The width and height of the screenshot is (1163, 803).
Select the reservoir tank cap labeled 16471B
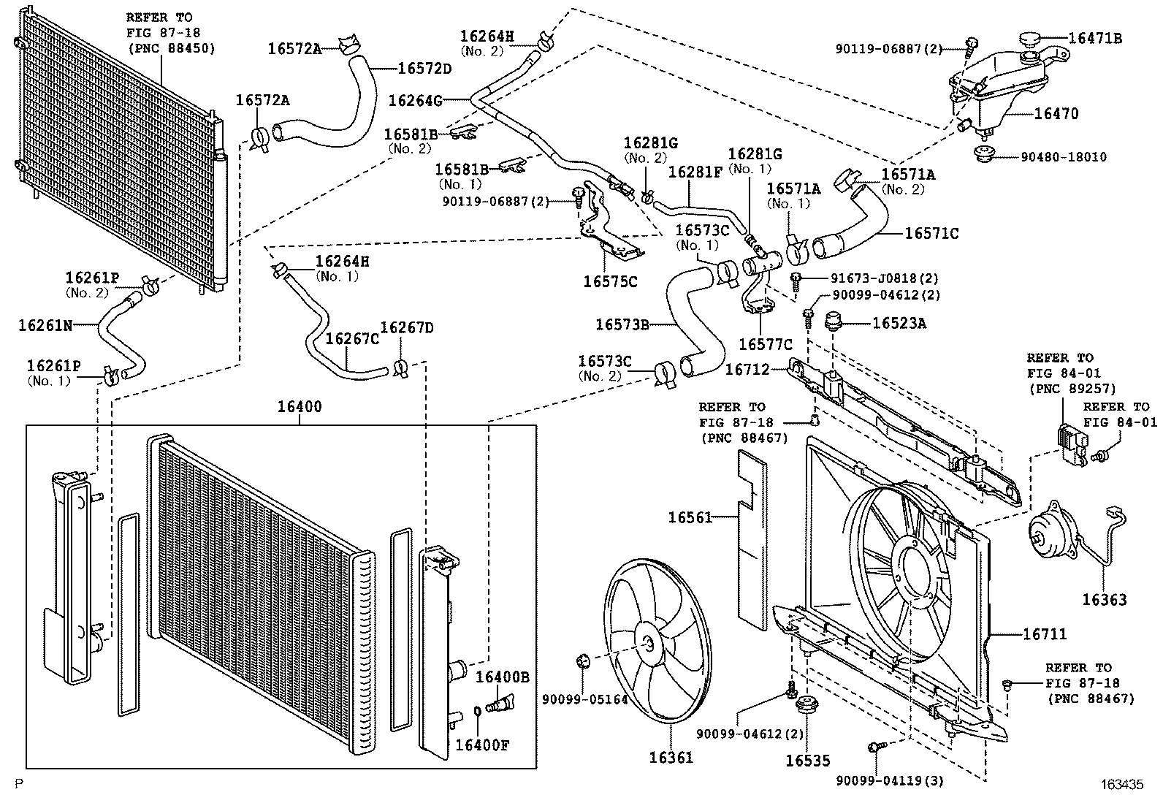[x=1030, y=39]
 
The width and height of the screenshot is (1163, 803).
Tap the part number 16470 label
[x=1056, y=114]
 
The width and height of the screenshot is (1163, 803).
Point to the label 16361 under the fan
[x=671, y=758]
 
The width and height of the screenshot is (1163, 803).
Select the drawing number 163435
[x=1121, y=785]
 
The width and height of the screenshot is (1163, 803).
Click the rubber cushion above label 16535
[x=807, y=707]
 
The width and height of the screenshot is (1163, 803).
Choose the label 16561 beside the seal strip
[x=690, y=517]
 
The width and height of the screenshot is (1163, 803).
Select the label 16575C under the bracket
[x=610, y=281]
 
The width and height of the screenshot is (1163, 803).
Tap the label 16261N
[x=45, y=325]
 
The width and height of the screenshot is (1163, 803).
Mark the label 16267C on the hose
[x=352, y=339]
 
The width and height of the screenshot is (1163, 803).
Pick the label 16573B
[x=622, y=324]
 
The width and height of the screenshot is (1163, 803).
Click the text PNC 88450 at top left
[x=172, y=48]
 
